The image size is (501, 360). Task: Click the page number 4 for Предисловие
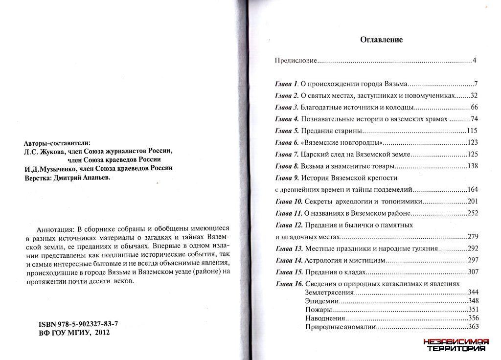(475, 61)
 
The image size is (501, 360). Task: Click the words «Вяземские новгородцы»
(342, 142)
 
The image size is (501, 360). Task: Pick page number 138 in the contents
(473, 166)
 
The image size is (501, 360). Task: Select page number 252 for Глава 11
(473, 214)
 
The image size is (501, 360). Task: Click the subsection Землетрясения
(328, 292)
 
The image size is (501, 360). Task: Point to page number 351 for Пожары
(473, 310)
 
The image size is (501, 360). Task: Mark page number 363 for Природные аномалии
(473, 327)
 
